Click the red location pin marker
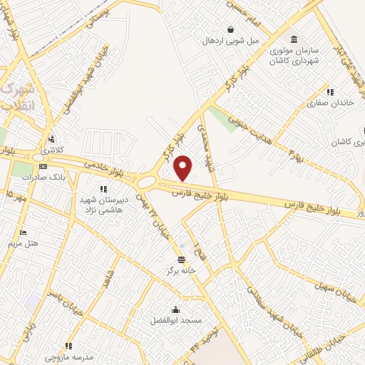point(184,168)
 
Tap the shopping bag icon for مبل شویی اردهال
point(231,30)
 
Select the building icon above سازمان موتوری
point(294,38)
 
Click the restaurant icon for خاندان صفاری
point(329,92)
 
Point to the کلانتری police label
point(51,150)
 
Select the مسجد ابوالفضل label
point(175,321)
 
